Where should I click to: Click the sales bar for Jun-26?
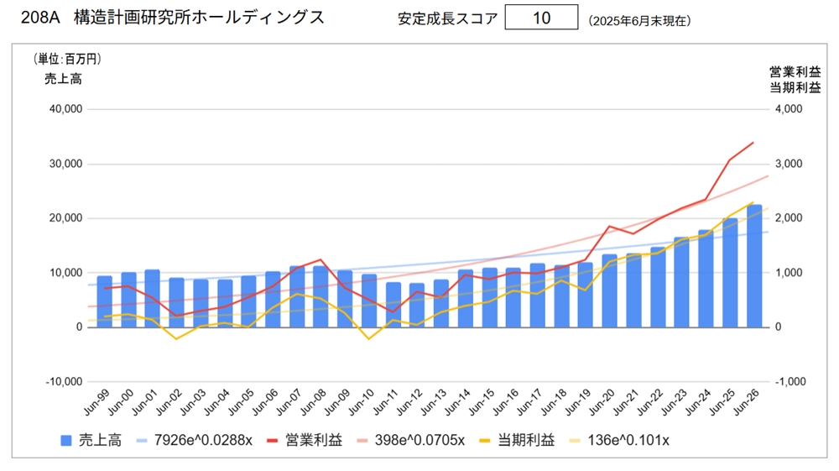tap(754, 266)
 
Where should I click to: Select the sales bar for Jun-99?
tap(104, 301)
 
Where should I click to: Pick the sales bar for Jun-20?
tap(610, 290)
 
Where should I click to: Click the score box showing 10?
tap(541, 18)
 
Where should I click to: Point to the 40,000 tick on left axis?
tap(65, 109)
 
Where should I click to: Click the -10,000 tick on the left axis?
tap(62, 382)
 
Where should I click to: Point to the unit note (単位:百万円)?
tap(67, 59)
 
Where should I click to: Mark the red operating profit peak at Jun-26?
tap(753, 143)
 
